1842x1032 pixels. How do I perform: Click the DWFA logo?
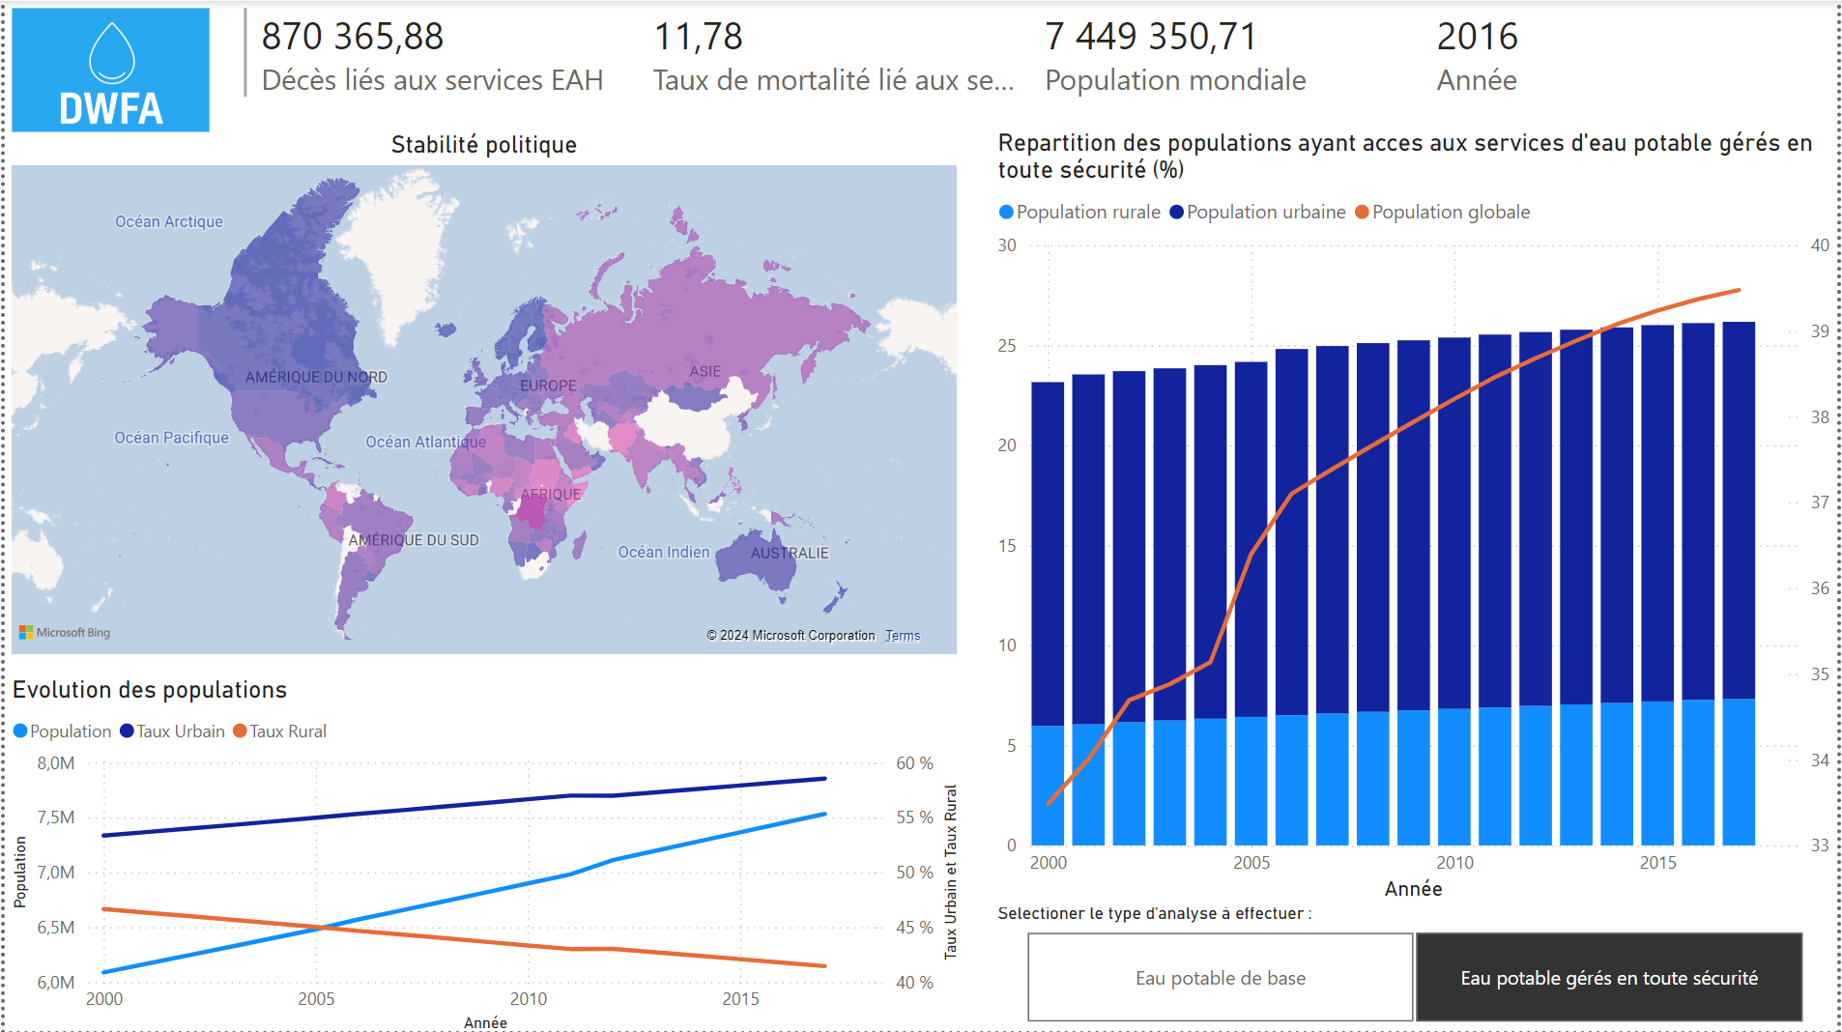click(111, 70)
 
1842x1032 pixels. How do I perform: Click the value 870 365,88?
click(353, 37)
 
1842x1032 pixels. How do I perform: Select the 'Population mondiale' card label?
click(1175, 80)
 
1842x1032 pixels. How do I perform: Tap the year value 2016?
click(1477, 37)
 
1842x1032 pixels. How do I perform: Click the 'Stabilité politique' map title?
click(483, 145)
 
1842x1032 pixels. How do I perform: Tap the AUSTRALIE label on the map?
click(790, 553)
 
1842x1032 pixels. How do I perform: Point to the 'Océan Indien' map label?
click(663, 552)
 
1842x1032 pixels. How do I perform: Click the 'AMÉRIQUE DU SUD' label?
click(414, 540)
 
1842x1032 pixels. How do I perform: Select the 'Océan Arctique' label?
click(169, 221)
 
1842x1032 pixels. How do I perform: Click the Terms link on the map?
click(903, 636)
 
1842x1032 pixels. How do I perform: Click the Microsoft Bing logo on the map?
click(65, 633)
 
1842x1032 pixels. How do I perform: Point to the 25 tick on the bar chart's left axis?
click(1007, 345)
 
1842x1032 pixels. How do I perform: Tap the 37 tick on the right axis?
click(1820, 502)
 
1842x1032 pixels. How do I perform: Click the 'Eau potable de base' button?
click(1220, 978)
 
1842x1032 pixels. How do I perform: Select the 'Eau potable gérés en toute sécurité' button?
click(1608, 978)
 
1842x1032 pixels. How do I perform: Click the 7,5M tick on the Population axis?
click(55, 817)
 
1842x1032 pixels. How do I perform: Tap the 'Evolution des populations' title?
click(150, 690)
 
